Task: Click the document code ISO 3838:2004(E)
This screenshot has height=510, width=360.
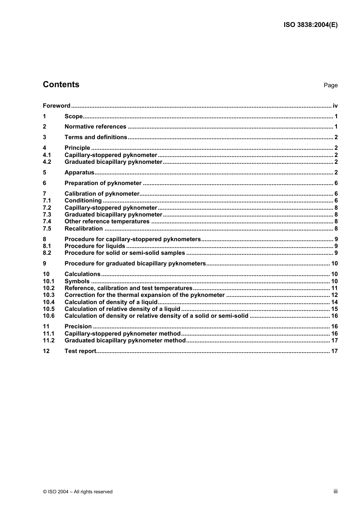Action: pyautogui.click(x=310, y=25)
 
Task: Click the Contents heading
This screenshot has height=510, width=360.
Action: pyautogui.click(x=61, y=85)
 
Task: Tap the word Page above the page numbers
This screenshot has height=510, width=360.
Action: pyautogui.click(x=330, y=85)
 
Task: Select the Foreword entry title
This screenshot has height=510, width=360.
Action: pyautogui.click(x=56, y=106)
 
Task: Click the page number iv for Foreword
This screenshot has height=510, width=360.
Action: pyautogui.click(x=335, y=106)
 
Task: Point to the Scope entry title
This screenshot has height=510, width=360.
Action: pyautogui.click(x=74, y=116)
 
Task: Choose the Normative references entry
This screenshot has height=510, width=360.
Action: pyautogui.click(x=95, y=127)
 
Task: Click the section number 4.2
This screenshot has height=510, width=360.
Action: pyautogui.click(x=47, y=162)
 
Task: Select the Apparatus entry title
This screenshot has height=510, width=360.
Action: pyautogui.click(x=79, y=173)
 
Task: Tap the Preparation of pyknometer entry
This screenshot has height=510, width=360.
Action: pyautogui.click(x=103, y=183)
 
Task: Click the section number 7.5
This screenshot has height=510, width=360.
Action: pyautogui.click(x=47, y=229)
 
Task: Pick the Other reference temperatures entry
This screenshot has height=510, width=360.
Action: pyautogui.click(x=107, y=221)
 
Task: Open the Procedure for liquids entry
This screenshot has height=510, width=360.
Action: pyautogui.click(x=95, y=246)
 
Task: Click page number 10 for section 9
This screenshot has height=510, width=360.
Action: pyautogui.click(x=334, y=264)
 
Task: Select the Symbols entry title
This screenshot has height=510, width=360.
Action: pyautogui.click(x=77, y=281)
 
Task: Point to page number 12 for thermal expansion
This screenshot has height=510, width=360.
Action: pyautogui.click(x=334, y=295)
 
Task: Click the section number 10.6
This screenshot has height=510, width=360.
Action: pyautogui.click(x=49, y=316)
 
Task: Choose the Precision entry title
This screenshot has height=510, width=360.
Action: pyautogui.click(x=78, y=326)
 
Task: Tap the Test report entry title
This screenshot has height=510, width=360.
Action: pyautogui.click(x=80, y=351)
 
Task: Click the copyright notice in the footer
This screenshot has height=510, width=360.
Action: pyautogui.click(x=78, y=492)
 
